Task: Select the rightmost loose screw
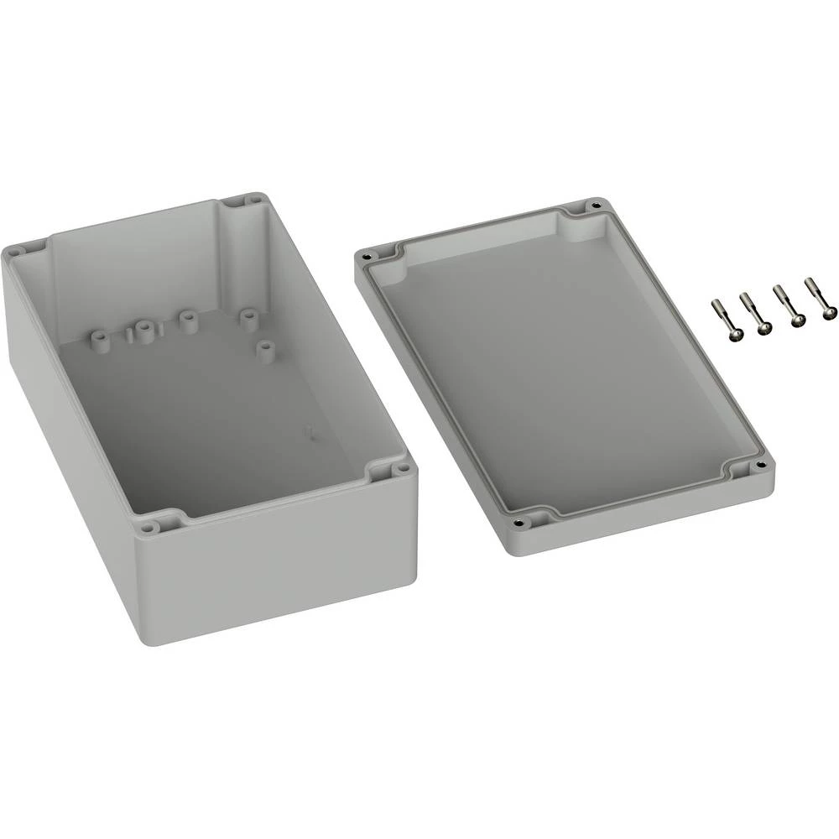(x=820, y=298)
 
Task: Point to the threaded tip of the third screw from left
(x=778, y=292)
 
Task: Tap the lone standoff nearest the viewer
(x=266, y=350)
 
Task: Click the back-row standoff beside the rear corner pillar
(x=248, y=319)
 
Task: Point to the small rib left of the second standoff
(x=128, y=335)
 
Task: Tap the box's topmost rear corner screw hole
(x=253, y=201)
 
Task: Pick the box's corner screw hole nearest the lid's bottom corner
(x=401, y=469)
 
